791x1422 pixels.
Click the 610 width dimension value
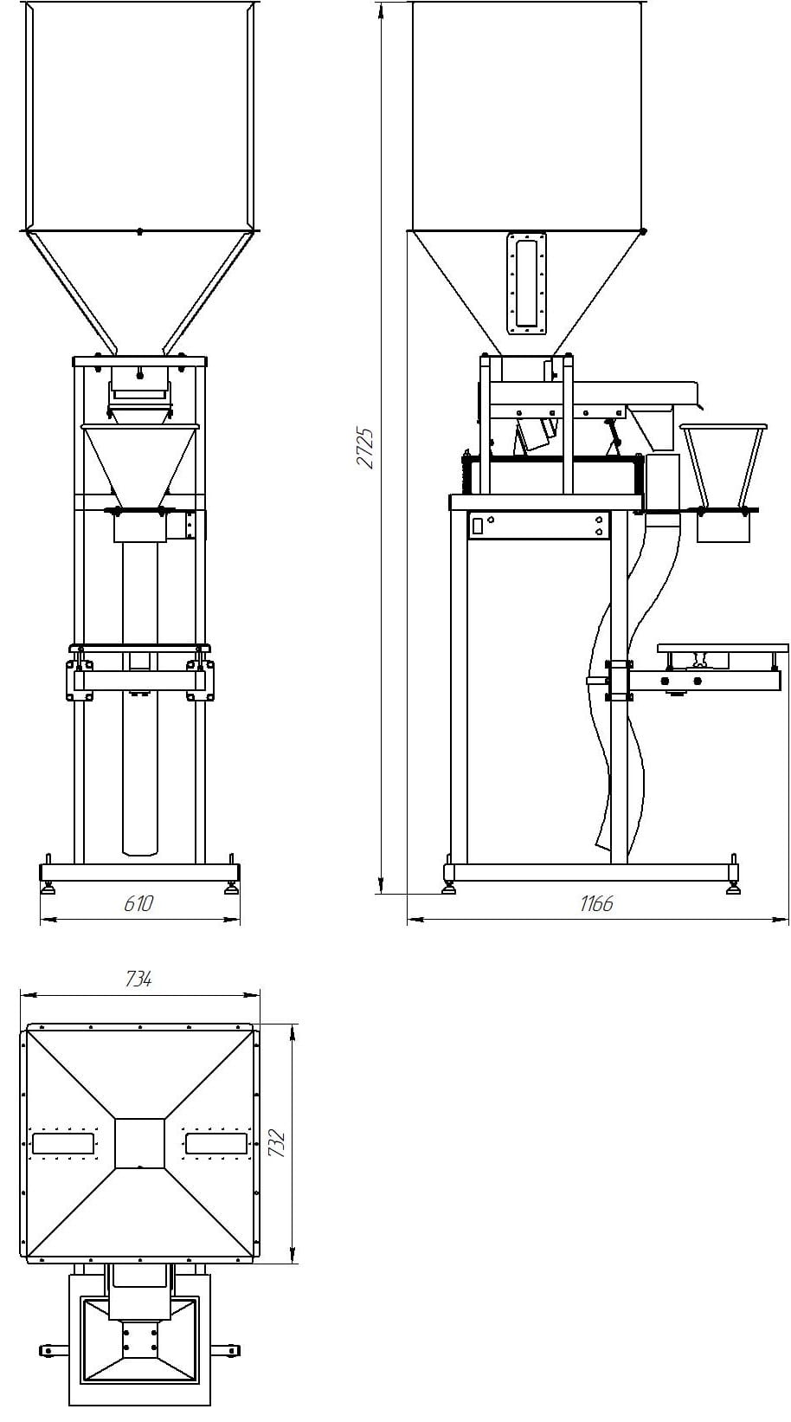click(x=138, y=903)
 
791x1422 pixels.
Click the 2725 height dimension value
click(x=367, y=447)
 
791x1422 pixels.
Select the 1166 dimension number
click(x=596, y=903)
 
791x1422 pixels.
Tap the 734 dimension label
click(x=138, y=979)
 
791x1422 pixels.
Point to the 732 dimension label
click(x=277, y=1144)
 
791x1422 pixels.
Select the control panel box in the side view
click(x=538, y=525)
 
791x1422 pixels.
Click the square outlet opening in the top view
click(x=139, y=1143)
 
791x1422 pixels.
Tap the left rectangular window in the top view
click(x=63, y=1143)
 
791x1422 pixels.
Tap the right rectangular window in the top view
click(x=215, y=1143)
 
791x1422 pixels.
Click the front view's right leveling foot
click(x=231, y=888)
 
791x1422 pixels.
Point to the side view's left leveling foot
click(x=448, y=888)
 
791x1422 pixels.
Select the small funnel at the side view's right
click(x=723, y=468)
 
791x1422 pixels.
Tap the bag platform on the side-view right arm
click(x=723, y=648)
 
